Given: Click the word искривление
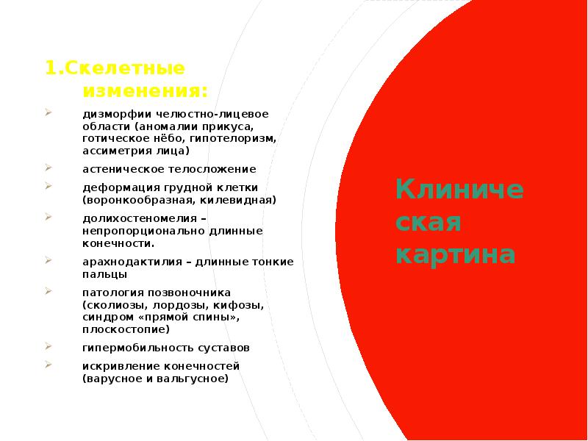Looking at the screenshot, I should (x=116, y=365).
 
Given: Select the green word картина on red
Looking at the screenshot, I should (x=455, y=254).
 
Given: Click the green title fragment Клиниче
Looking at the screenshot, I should (x=459, y=190).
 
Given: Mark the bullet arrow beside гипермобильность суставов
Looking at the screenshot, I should (x=47, y=345).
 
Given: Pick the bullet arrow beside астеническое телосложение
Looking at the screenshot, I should (x=47, y=168).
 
